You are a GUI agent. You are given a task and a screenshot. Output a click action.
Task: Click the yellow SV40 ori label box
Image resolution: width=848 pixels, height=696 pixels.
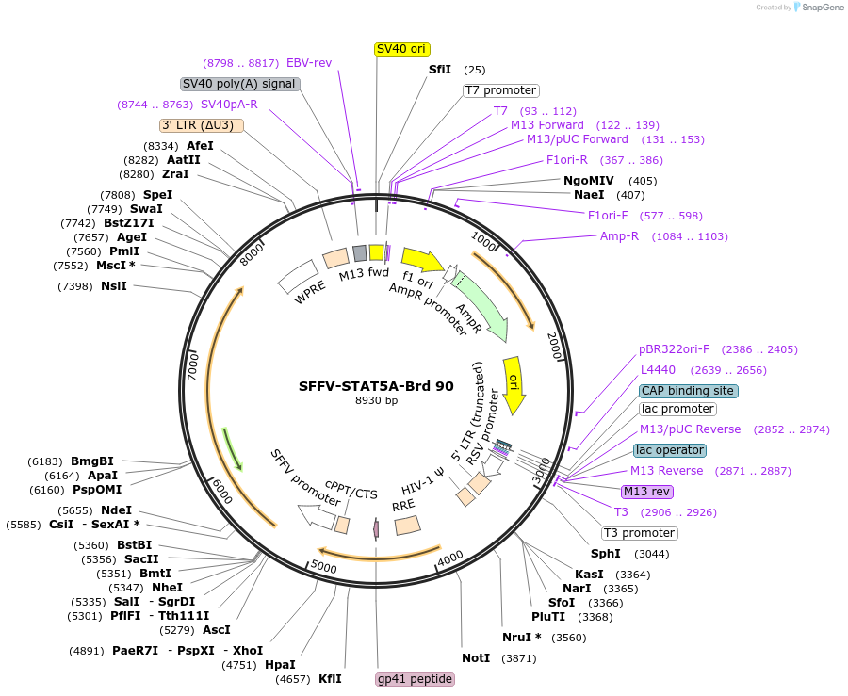click(402, 49)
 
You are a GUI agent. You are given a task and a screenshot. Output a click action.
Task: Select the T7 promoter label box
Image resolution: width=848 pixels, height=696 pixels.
click(500, 90)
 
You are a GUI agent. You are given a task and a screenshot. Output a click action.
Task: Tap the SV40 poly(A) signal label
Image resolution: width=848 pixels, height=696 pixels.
click(240, 83)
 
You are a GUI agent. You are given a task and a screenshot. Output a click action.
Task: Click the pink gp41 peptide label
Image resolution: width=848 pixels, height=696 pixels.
click(415, 679)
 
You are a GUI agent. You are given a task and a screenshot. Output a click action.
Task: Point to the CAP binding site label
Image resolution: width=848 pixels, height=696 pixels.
click(688, 391)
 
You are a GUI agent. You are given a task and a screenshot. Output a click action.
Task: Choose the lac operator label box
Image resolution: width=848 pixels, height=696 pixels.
click(669, 450)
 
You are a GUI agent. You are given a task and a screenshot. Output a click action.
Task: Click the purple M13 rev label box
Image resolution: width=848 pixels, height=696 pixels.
click(646, 491)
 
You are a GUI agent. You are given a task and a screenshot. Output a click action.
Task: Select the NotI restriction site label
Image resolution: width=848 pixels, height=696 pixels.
click(476, 657)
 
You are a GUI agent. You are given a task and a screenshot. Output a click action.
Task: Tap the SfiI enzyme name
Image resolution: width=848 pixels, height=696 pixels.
click(440, 70)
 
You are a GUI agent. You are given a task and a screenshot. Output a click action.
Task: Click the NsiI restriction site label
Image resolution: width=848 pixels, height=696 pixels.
click(114, 286)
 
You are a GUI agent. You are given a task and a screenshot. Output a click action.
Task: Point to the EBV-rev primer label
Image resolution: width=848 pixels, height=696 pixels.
click(309, 63)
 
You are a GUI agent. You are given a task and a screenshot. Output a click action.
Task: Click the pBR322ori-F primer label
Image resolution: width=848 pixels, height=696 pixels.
click(675, 349)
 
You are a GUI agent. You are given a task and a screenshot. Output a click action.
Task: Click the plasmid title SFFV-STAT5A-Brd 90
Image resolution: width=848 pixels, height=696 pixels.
click(376, 385)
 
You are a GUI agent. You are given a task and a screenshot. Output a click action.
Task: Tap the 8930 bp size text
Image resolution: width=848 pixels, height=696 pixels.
click(376, 400)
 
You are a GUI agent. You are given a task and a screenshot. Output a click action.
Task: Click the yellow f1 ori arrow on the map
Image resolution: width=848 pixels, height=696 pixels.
click(423, 259)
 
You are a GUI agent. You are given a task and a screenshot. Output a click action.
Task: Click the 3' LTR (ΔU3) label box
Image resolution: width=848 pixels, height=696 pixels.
click(202, 125)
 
